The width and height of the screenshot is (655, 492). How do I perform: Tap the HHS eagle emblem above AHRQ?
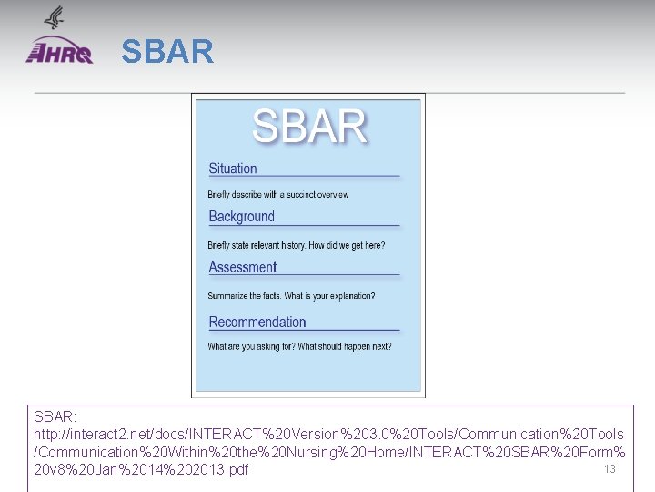tap(55, 18)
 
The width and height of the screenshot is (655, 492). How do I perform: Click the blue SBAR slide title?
tap(167, 52)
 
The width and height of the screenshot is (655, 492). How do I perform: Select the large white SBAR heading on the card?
tap(308, 127)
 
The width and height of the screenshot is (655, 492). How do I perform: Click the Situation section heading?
tap(233, 169)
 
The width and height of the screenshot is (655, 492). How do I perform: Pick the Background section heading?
tap(241, 217)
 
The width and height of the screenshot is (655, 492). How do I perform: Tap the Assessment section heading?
tap(242, 267)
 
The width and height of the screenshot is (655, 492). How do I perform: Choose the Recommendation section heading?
tap(257, 323)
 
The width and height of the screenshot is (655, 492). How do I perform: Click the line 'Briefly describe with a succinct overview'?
tap(277, 195)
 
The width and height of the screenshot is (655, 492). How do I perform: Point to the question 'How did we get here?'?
tap(347, 246)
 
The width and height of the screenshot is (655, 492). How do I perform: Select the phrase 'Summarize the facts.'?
tap(244, 296)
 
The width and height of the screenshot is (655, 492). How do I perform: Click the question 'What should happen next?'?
tap(345, 347)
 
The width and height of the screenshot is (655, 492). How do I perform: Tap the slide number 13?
tap(610, 469)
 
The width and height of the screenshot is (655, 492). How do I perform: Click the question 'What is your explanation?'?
tap(329, 296)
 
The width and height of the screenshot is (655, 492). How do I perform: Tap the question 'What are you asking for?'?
tap(249, 347)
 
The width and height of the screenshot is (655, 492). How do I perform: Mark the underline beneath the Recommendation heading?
tap(304, 331)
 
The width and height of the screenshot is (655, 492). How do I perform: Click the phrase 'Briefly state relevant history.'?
tap(257, 246)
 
